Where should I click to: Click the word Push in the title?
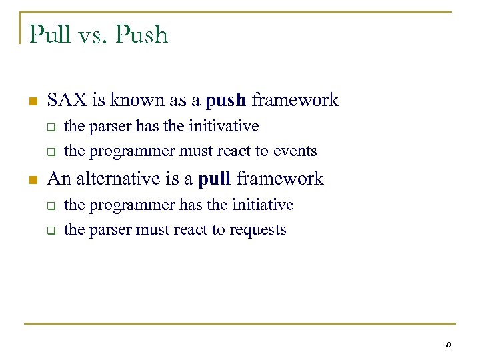coord(142,34)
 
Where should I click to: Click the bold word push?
coord(226,101)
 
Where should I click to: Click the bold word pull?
coord(214,179)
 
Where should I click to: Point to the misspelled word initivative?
coord(223,126)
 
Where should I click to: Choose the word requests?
coord(257,230)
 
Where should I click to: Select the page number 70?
coord(447,345)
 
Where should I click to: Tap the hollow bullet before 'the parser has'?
coord(49,127)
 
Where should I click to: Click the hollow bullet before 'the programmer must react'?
coord(49,152)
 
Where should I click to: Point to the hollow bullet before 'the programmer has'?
coord(49,205)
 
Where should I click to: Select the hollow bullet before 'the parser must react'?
coord(49,231)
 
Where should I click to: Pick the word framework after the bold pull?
coord(280,179)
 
